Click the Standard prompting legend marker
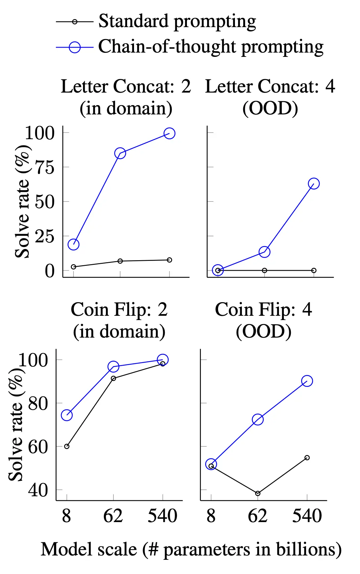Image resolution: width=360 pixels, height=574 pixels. pyautogui.click(x=75, y=22)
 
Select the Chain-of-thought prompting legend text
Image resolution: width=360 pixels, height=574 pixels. pyautogui.click(x=211, y=47)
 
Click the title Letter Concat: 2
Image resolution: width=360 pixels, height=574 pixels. pyautogui.click(x=126, y=87)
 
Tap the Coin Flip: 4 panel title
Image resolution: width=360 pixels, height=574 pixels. pyautogui.click(x=263, y=310)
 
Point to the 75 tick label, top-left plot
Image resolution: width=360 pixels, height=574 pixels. pyautogui.click(x=45, y=167)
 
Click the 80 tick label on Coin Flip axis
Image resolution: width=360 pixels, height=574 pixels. pyautogui.click(x=38, y=403)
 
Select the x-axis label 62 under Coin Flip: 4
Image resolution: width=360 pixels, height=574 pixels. pyautogui.click(x=257, y=516)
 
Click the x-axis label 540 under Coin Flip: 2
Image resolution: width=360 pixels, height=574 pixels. pyautogui.click(x=162, y=516)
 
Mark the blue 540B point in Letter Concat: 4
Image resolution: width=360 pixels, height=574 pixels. pyautogui.click(x=314, y=184)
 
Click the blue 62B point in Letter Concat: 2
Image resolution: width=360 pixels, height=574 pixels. pyautogui.click(x=120, y=153)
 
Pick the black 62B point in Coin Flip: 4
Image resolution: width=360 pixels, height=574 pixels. pyautogui.click(x=258, y=493)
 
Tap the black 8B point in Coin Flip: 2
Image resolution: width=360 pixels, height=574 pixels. pyautogui.click(x=67, y=446)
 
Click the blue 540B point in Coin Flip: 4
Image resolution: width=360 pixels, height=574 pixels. pyautogui.click(x=307, y=381)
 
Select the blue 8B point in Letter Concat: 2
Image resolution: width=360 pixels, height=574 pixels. pyautogui.click(x=73, y=244)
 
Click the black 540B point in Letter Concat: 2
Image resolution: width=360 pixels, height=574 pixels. pyautogui.click(x=169, y=260)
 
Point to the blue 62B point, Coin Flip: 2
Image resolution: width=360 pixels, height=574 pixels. pyautogui.click(x=113, y=366)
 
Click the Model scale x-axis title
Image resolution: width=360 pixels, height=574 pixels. pyautogui.click(x=191, y=550)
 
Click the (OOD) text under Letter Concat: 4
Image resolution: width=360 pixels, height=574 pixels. pyautogui.click(x=270, y=108)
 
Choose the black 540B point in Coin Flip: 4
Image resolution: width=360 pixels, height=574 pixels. pyautogui.click(x=307, y=458)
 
